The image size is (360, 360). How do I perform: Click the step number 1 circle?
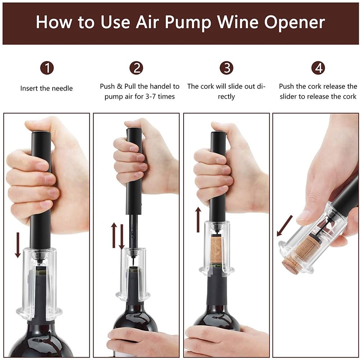click(47, 68)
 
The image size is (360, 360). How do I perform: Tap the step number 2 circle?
click(137, 68)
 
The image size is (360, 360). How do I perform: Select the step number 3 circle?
click(226, 68)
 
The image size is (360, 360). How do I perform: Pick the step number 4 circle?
click(318, 68)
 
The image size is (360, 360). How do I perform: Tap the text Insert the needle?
click(46, 88)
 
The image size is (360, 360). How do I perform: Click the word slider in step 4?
click(290, 96)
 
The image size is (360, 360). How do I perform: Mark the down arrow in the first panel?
click(18, 245)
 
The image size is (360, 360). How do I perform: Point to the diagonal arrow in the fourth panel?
click(285, 226)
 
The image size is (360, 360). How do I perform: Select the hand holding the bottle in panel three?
click(223, 340)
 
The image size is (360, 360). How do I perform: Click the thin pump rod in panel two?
click(132, 234)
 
